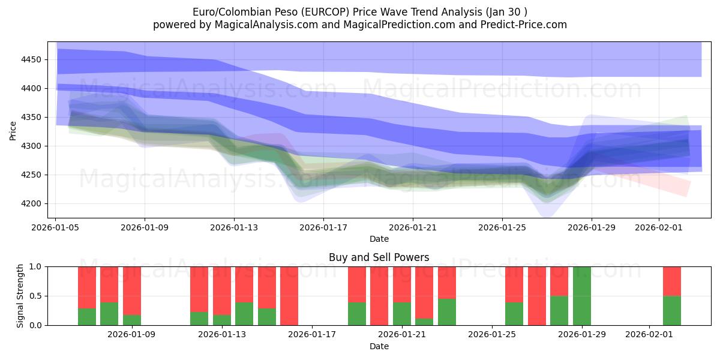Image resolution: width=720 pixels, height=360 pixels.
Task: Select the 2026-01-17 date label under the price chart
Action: (323, 227)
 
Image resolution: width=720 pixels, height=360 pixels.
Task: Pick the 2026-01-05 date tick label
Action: (56, 227)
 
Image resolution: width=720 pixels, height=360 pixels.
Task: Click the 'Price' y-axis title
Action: (13, 130)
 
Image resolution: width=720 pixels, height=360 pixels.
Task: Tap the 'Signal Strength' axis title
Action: (20, 296)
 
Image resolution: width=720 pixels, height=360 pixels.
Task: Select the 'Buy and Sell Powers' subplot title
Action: (379, 257)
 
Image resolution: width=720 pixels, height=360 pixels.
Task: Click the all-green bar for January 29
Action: (582, 296)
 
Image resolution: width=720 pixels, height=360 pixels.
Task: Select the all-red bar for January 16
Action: (289, 296)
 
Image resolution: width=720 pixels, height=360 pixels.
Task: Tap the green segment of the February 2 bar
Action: (671, 311)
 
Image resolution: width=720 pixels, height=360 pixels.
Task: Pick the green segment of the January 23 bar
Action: (447, 312)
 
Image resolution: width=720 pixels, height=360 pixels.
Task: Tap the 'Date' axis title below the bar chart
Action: (379, 346)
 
